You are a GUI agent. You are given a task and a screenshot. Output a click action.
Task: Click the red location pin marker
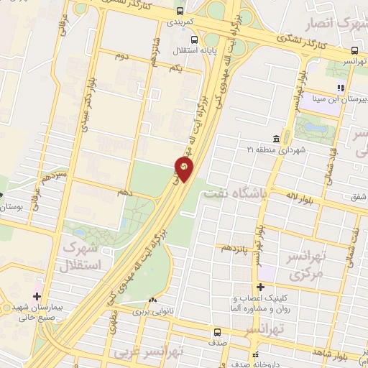[x=183, y=169]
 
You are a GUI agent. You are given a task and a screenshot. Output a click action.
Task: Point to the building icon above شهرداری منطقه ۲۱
[x=276, y=139]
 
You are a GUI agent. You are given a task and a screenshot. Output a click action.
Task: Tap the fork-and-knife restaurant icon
[x=341, y=88]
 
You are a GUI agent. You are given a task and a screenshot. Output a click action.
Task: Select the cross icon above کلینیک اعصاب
[x=260, y=287]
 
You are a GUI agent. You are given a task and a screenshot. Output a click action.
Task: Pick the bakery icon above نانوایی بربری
[x=152, y=300]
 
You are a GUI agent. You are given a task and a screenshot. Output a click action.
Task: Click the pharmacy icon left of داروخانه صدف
[x=254, y=354]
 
